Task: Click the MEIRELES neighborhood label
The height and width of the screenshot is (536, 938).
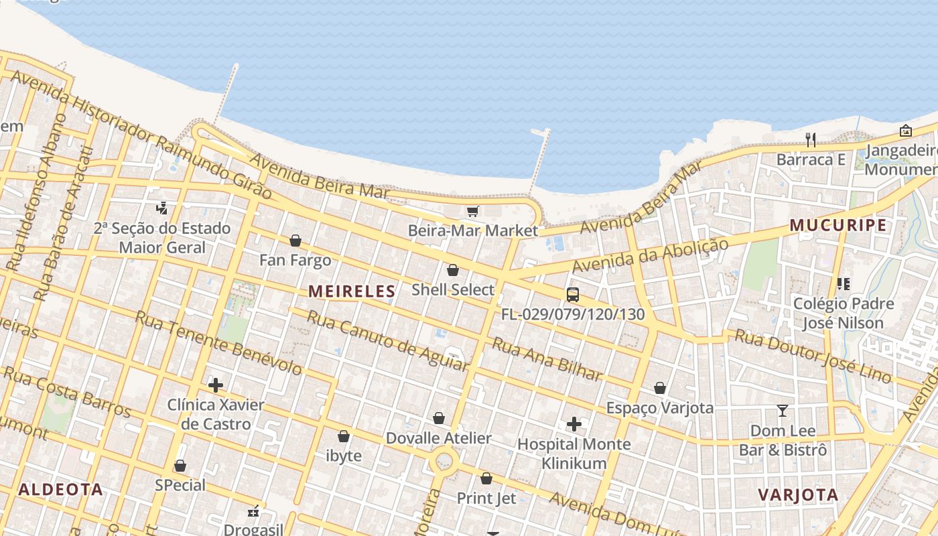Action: coord(352,291)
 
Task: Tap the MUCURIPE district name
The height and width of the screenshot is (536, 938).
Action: coord(838,225)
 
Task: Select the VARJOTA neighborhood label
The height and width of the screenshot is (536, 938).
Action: coord(798,495)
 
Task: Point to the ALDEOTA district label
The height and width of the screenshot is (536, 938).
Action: coord(61,489)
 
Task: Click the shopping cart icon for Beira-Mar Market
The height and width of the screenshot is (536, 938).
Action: coord(473,212)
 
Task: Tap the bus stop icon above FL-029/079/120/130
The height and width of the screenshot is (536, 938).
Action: coord(573,294)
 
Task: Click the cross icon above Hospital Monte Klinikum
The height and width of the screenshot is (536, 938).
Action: coord(574,424)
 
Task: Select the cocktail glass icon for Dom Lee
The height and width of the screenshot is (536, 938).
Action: coord(782,410)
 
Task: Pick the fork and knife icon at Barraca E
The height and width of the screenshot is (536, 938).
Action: coord(811,139)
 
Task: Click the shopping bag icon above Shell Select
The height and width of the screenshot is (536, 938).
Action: coord(453,270)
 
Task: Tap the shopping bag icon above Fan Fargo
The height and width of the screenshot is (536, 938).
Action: coord(295,241)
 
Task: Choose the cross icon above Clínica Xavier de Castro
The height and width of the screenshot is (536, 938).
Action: coord(216,385)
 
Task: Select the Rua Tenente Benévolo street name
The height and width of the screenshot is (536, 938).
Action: coord(219,342)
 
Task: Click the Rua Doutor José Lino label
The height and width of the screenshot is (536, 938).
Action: coord(813,356)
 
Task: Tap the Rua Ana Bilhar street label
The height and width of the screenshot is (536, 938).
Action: coord(547,359)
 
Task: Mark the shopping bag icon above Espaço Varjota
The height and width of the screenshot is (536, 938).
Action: coord(660,388)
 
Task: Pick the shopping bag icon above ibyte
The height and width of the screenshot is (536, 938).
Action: coord(344,437)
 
